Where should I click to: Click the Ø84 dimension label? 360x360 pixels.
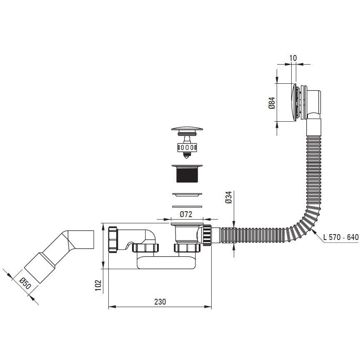(x=272, y=103)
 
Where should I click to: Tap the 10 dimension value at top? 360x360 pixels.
(x=293, y=58)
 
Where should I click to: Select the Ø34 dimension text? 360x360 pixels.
(x=229, y=197)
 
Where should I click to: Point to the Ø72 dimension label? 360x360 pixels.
(x=186, y=214)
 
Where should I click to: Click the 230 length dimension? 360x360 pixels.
(x=160, y=301)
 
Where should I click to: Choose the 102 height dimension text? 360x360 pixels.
(x=98, y=285)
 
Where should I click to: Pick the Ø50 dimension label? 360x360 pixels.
(x=25, y=283)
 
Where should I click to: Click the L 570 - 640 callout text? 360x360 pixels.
(x=341, y=237)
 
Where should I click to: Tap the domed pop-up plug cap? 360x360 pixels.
(x=187, y=128)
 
